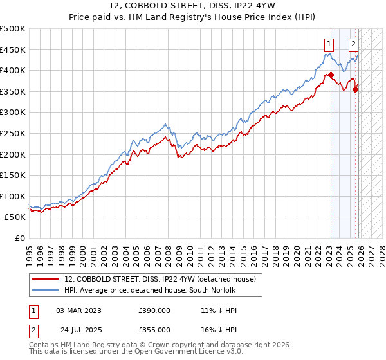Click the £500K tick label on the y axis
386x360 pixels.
pyautogui.click(x=13, y=29)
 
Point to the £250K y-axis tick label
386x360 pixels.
pyautogui.click(x=13, y=133)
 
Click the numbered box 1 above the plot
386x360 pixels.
pyautogui.click(x=329, y=44)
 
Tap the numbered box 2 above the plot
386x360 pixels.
pyautogui.click(x=354, y=44)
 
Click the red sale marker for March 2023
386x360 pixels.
pyautogui.click(x=331, y=75)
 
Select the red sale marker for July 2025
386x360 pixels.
pyautogui.click(x=355, y=89)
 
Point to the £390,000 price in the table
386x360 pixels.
pyautogui.click(x=154, y=310)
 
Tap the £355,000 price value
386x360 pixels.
pyautogui.click(x=154, y=329)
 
